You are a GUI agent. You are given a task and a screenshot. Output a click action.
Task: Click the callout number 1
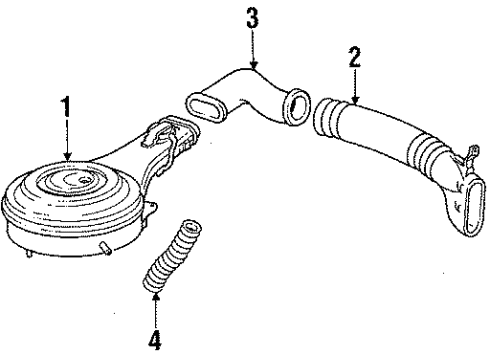click(67, 106)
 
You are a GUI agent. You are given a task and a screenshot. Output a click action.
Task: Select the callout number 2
click(355, 57)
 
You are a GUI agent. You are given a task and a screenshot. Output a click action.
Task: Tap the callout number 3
click(252, 18)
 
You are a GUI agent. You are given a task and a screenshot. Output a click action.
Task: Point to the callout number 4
click(155, 339)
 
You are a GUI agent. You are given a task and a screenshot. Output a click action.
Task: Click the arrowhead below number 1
click(68, 156)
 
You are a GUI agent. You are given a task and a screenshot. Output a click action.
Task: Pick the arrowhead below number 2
click(355, 100)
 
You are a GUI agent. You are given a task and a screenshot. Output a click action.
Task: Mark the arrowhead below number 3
click(254, 64)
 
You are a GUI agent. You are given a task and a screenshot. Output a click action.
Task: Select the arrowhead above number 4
click(155, 296)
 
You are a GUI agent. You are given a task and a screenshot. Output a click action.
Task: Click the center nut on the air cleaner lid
click(84, 181)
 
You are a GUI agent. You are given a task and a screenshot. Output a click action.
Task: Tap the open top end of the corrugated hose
click(193, 227)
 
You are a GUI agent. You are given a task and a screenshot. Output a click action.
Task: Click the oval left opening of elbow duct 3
click(206, 107)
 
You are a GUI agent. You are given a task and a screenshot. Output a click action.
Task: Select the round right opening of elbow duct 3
click(296, 106)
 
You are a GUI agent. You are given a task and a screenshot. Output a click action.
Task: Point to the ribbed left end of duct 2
click(326, 117)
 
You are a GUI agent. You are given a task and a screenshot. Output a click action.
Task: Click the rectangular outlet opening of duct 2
click(473, 206)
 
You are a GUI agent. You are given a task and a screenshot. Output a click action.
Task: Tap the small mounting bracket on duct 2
click(470, 156)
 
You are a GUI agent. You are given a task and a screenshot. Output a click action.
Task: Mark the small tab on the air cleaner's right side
click(151, 209)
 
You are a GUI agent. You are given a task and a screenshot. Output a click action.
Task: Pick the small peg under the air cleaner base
click(105, 249)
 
